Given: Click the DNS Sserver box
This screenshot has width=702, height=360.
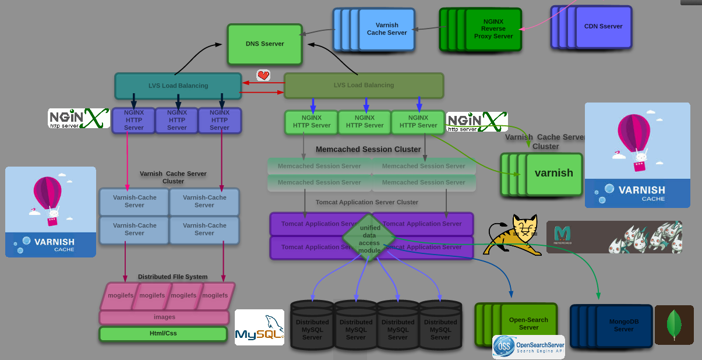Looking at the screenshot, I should tap(264, 44).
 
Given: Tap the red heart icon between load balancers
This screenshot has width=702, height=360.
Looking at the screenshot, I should tap(263, 75).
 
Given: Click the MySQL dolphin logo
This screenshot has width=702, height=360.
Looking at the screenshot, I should tap(259, 327).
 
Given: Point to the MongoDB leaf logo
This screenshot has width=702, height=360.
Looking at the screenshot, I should tap(674, 326).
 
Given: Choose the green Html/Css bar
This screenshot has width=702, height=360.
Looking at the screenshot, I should tap(163, 334).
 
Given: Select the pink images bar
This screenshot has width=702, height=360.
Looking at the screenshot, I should tap(164, 317).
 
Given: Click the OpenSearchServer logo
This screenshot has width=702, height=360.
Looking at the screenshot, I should tap(528, 347).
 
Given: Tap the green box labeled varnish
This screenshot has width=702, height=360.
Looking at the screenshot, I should tap(553, 174).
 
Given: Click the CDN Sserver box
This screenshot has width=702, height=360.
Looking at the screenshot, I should tap(603, 27).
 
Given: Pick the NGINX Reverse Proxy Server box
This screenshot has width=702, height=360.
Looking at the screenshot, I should tap(493, 29).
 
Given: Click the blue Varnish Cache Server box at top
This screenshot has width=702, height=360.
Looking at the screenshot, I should tap(386, 29).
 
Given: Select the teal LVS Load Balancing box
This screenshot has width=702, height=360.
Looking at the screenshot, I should tap(178, 86).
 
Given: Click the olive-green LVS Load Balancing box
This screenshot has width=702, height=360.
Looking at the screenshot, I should tap(364, 85).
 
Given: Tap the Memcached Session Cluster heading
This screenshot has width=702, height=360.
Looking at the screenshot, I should tap(368, 150).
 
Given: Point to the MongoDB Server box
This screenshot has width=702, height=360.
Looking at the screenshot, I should tap(623, 326).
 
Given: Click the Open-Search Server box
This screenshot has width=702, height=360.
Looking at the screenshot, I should tap(528, 323).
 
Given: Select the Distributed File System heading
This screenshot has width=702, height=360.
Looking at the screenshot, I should tap(172, 277).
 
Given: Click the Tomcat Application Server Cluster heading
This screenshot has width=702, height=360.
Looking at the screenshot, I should tap(367, 202).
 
